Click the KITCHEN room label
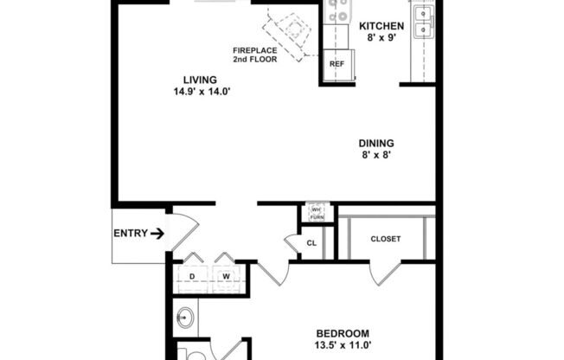(381, 26)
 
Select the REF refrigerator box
(336, 64)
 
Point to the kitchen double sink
(423, 22)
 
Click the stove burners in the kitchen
(336, 12)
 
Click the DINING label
(377, 144)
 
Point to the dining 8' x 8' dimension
(377, 157)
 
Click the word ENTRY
(129, 233)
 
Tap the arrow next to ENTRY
(157, 233)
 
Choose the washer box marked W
(226, 277)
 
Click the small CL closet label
(312, 244)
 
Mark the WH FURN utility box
(317, 213)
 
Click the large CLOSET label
(385, 239)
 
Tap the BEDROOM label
(343, 333)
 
